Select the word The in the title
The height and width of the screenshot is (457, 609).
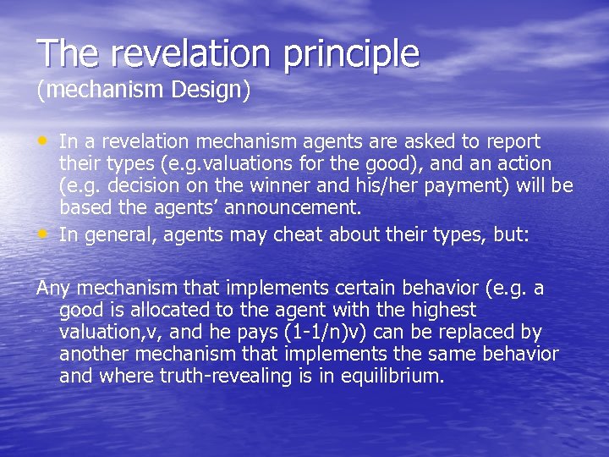click(68, 53)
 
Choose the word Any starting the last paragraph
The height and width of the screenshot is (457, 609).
click(53, 288)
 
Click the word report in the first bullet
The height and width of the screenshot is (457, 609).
click(511, 141)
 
